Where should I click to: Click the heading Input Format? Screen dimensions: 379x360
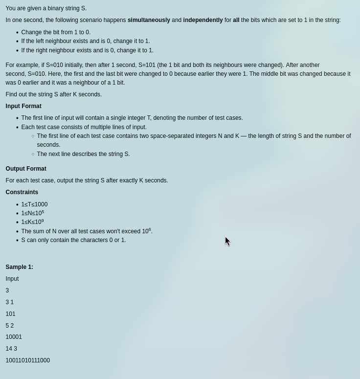(x=23, y=106)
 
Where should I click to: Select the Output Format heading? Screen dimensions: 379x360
(x=26, y=169)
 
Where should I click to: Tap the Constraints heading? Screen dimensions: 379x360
(x=22, y=192)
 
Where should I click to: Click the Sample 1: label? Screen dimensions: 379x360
(x=20, y=267)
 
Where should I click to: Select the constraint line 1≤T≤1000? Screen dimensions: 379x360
(x=34, y=204)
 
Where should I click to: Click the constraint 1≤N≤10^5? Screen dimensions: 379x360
(x=32, y=213)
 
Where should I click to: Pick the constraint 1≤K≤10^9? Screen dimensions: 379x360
(x=32, y=222)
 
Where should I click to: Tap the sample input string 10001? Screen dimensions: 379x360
(x=14, y=337)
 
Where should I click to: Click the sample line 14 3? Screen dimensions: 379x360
(x=11, y=349)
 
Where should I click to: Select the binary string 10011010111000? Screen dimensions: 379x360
(x=28, y=360)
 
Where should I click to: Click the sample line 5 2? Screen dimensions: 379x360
(x=10, y=326)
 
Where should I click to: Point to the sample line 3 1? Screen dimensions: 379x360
(x=10, y=302)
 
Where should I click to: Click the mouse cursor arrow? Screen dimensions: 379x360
(x=227, y=241)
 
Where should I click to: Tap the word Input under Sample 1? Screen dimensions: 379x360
(x=12, y=279)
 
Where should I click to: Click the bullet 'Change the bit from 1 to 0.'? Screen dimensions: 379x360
(x=56, y=32)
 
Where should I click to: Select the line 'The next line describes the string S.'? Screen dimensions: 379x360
(x=83, y=154)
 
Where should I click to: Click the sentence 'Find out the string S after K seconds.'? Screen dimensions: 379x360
(x=54, y=94)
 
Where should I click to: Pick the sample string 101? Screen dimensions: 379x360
(x=11, y=314)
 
